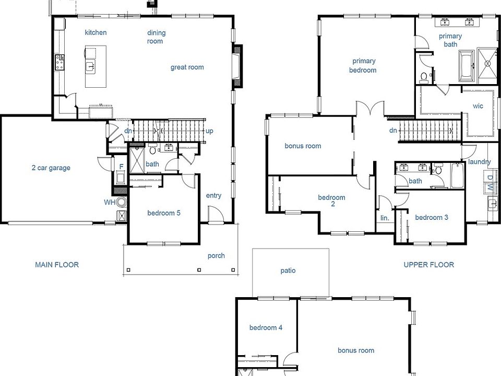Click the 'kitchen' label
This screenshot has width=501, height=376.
(96, 32)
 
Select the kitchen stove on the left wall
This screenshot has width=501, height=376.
(58, 63)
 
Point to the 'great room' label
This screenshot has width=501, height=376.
(187, 67)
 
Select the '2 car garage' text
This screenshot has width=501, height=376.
(51, 168)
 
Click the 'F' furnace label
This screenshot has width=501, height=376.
(121, 167)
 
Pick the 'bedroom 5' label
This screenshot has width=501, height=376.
(164, 213)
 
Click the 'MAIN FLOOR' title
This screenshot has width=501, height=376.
(57, 265)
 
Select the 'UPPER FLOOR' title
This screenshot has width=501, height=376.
(428, 265)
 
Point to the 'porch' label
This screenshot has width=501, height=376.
(216, 256)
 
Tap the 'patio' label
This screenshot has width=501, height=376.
(288, 271)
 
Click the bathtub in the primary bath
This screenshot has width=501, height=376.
(466, 66)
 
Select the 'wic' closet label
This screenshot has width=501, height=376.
(478, 106)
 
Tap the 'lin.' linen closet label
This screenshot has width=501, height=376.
(385, 218)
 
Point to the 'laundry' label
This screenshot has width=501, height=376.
(479, 162)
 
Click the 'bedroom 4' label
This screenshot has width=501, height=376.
(266, 328)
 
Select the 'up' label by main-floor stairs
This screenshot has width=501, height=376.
(209, 131)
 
